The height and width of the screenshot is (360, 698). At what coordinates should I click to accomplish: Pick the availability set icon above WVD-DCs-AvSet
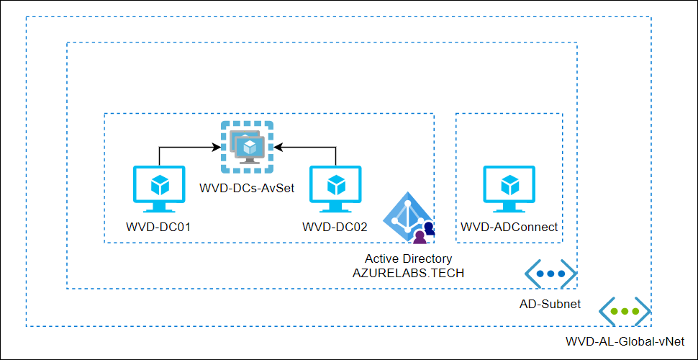(248, 147)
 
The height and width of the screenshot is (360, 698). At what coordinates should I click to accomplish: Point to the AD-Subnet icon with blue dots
(550, 274)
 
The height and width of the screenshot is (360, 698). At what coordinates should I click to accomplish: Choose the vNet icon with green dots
(625, 312)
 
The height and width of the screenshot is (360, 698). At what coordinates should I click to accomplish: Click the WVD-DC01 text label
(158, 228)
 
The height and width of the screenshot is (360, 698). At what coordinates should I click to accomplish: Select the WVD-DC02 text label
(335, 228)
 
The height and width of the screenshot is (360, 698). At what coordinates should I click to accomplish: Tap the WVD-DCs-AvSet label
(248, 188)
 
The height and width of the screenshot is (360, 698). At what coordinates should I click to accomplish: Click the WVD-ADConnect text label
(509, 228)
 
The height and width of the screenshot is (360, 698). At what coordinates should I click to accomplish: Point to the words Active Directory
(408, 259)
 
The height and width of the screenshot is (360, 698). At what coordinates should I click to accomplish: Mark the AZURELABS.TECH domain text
(408, 274)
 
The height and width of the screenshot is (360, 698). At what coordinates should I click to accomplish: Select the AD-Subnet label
(550, 305)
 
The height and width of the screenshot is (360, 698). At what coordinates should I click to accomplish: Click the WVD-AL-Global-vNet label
(625, 342)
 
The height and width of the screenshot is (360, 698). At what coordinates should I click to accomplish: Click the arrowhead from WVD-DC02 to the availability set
(278, 147)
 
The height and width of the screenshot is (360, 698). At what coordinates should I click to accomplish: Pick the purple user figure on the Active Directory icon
(419, 236)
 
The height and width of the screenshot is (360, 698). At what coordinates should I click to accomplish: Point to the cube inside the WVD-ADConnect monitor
(509, 185)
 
